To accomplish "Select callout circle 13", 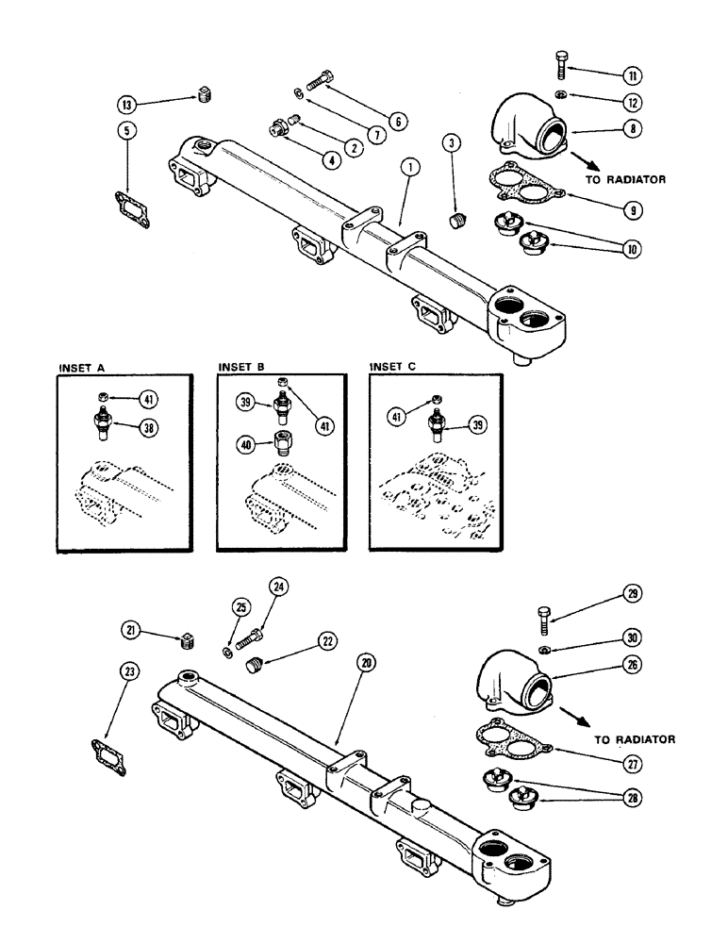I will [x=129, y=104].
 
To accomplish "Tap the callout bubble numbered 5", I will [x=129, y=132].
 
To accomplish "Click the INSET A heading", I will [x=82, y=367].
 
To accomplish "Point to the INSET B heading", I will [x=242, y=367].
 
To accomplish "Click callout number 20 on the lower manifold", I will [x=366, y=663].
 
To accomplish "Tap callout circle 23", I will [x=129, y=671].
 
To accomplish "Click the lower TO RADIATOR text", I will [x=635, y=740].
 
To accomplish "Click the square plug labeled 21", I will [x=186, y=644].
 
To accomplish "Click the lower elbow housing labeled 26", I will [x=515, y=676].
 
